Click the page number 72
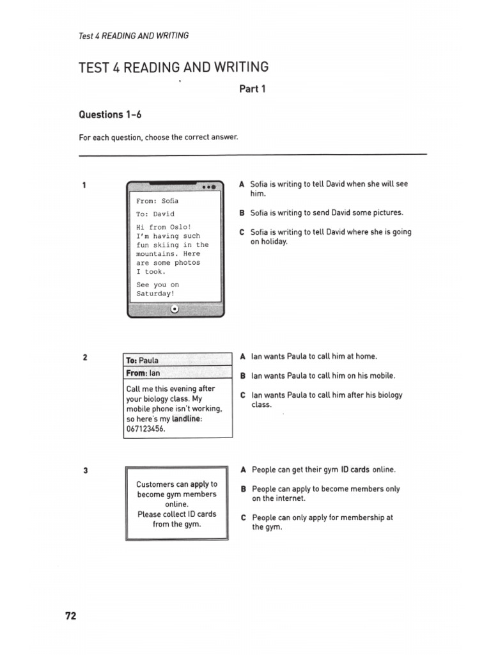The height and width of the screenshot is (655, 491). pos(70,616)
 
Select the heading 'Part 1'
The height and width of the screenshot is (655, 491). pos(252,89)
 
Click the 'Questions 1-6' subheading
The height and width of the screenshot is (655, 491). pos(109,114)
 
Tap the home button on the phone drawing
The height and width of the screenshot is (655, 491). pos(175,310)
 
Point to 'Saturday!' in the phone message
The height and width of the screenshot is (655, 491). pos(155,294)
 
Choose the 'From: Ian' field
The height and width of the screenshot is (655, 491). pos(143,373)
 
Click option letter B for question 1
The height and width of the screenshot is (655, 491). pos(242,213)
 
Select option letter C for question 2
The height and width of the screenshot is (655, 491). pos(242,395)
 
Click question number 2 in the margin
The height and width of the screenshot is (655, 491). pos(85,358)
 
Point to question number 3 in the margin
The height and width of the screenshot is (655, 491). pos(85,471)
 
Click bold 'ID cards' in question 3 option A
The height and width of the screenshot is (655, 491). pos(355,470)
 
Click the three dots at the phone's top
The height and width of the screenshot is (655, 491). pos(208,187)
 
